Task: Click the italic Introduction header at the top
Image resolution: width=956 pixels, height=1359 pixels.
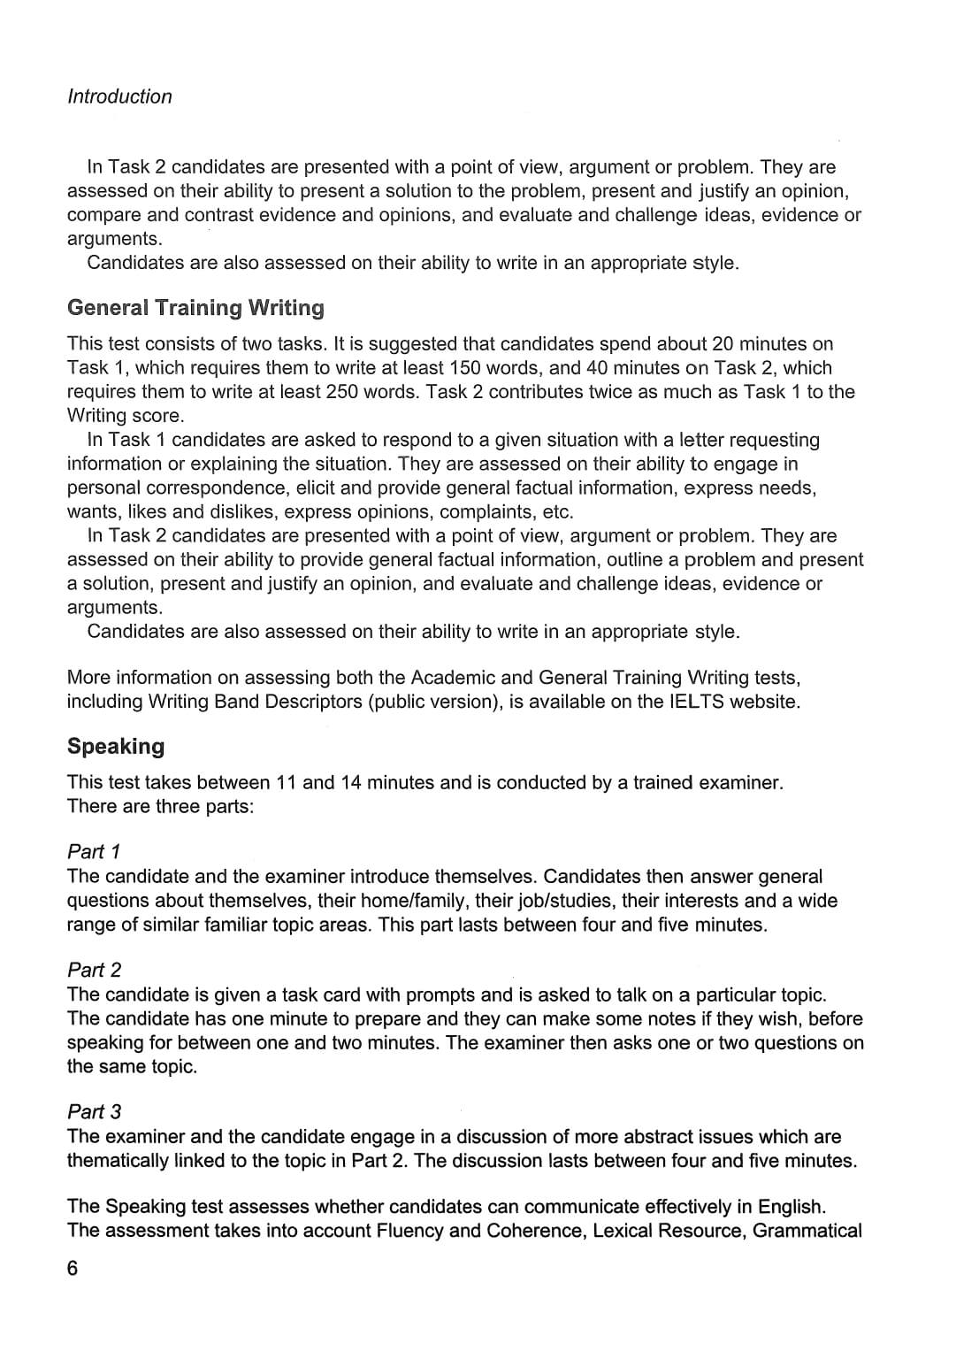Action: (119, 96)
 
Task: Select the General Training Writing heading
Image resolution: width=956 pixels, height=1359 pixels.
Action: (195, 308)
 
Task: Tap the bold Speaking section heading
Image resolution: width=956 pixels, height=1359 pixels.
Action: (116, 747)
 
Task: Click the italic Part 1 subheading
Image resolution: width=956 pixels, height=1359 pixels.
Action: (94, 852)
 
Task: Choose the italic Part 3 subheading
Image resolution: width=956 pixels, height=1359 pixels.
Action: (94, 1112)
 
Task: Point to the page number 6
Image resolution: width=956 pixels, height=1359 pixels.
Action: (73, 1269)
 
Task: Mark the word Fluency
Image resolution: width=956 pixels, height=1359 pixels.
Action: (409, 1231)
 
